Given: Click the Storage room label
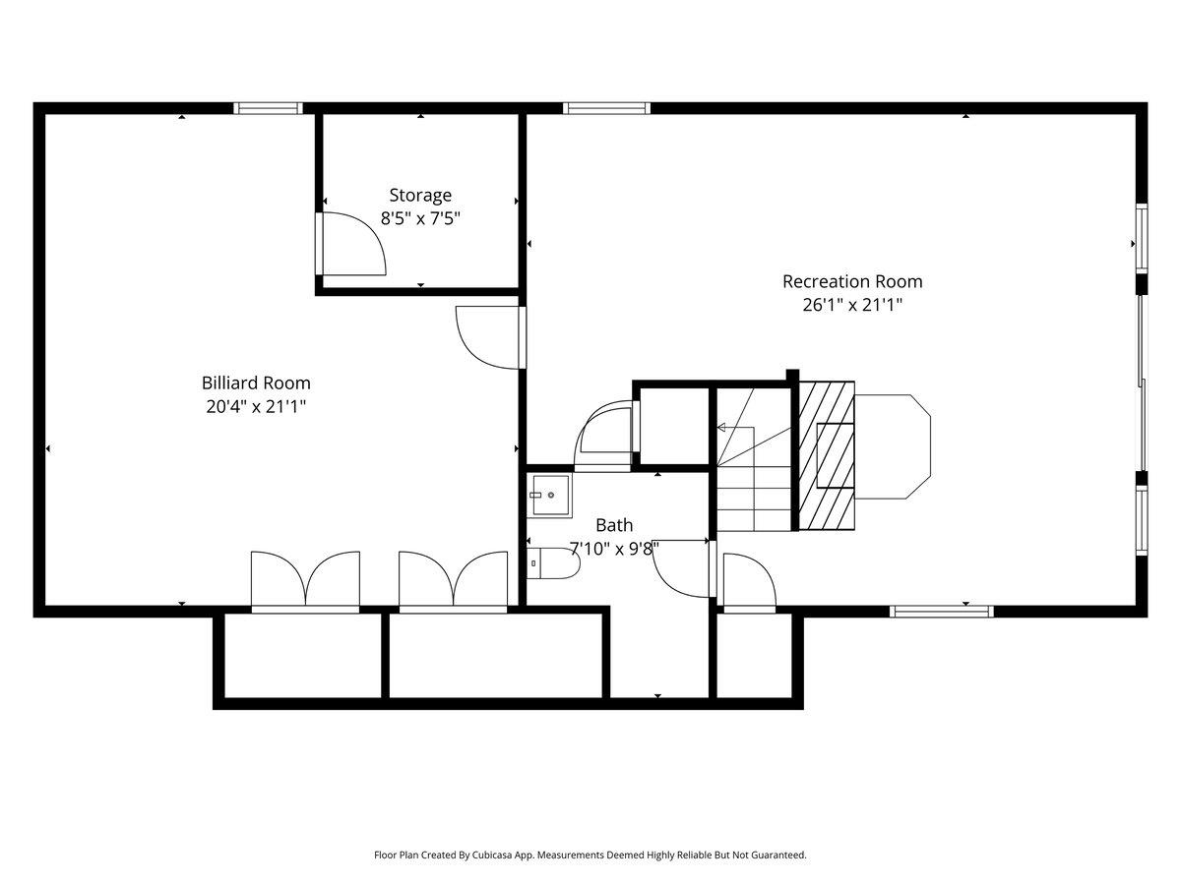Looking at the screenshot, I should coord(420,195).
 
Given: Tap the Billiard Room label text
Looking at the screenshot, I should coord(256,383).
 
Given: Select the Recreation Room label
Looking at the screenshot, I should coord(852,281).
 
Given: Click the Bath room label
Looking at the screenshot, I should coord(614,525).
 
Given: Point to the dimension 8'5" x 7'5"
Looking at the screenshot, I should coord(420,218).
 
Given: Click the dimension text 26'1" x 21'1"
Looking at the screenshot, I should coord(852,305).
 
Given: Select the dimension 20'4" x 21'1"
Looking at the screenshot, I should coord(256,406).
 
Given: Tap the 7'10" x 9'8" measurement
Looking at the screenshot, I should coord(614,548).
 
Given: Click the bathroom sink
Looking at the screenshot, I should coord(549,494).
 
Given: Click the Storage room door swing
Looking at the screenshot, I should coord(352,242).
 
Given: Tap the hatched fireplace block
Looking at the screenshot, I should coord(826,455).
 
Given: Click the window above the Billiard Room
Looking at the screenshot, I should coord(268,108).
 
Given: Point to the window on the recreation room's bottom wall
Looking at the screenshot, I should coord(941,611).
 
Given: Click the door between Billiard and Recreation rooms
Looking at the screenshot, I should coord(489,336).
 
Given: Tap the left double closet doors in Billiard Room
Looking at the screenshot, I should coord(305,580).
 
